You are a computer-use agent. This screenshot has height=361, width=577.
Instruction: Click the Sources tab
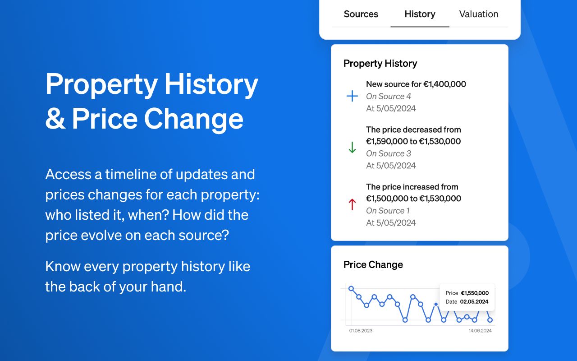pos(361,14)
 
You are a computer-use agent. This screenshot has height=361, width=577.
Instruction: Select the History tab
pos(420,14)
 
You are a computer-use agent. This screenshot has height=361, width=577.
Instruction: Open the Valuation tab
pos(478,14)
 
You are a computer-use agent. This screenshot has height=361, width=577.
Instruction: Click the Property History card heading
pos(380,64)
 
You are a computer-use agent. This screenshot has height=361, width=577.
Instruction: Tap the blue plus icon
pos(352,96)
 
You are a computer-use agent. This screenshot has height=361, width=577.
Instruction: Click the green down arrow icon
pos(352,148)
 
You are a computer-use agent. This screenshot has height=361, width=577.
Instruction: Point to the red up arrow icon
pos(352,204)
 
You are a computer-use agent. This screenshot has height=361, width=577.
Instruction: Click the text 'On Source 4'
pos(388,96)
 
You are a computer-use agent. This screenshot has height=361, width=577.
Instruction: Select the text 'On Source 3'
pos(388,153)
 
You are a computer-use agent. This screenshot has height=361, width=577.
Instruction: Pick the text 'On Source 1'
pos(388,211)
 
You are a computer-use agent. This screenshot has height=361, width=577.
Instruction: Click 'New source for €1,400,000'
pos(416,84)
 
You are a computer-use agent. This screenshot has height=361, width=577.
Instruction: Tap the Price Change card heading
pos(373,265)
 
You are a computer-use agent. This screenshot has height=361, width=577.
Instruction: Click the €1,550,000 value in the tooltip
pos(475,293)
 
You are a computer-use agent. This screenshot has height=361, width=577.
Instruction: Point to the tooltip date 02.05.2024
pos(474,302)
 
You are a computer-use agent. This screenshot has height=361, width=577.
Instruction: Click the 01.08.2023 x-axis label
pos(361,331)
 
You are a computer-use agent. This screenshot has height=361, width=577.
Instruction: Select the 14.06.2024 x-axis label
pos(480,331)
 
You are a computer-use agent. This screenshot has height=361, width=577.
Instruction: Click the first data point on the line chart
pos(351,289)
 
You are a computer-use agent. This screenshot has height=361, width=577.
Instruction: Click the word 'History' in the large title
pos(211,84)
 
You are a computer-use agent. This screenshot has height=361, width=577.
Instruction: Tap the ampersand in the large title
pos(55,119)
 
